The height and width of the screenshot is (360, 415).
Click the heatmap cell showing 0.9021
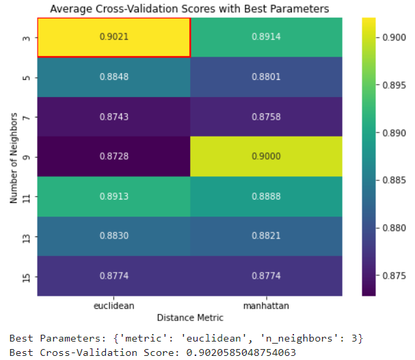113,37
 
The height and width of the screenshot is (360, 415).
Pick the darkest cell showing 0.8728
113,156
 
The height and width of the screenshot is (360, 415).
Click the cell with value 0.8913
113,197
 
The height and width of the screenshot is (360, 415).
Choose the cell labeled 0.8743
113,117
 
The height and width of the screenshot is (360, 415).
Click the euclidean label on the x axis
113,305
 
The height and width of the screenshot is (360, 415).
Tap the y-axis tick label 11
25,197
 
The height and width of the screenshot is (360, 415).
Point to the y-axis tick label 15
25,277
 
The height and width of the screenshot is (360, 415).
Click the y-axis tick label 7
25,117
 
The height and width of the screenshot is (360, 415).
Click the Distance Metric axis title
190,317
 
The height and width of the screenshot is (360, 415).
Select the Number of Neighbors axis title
13,156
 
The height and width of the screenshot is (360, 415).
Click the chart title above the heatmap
189,9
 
